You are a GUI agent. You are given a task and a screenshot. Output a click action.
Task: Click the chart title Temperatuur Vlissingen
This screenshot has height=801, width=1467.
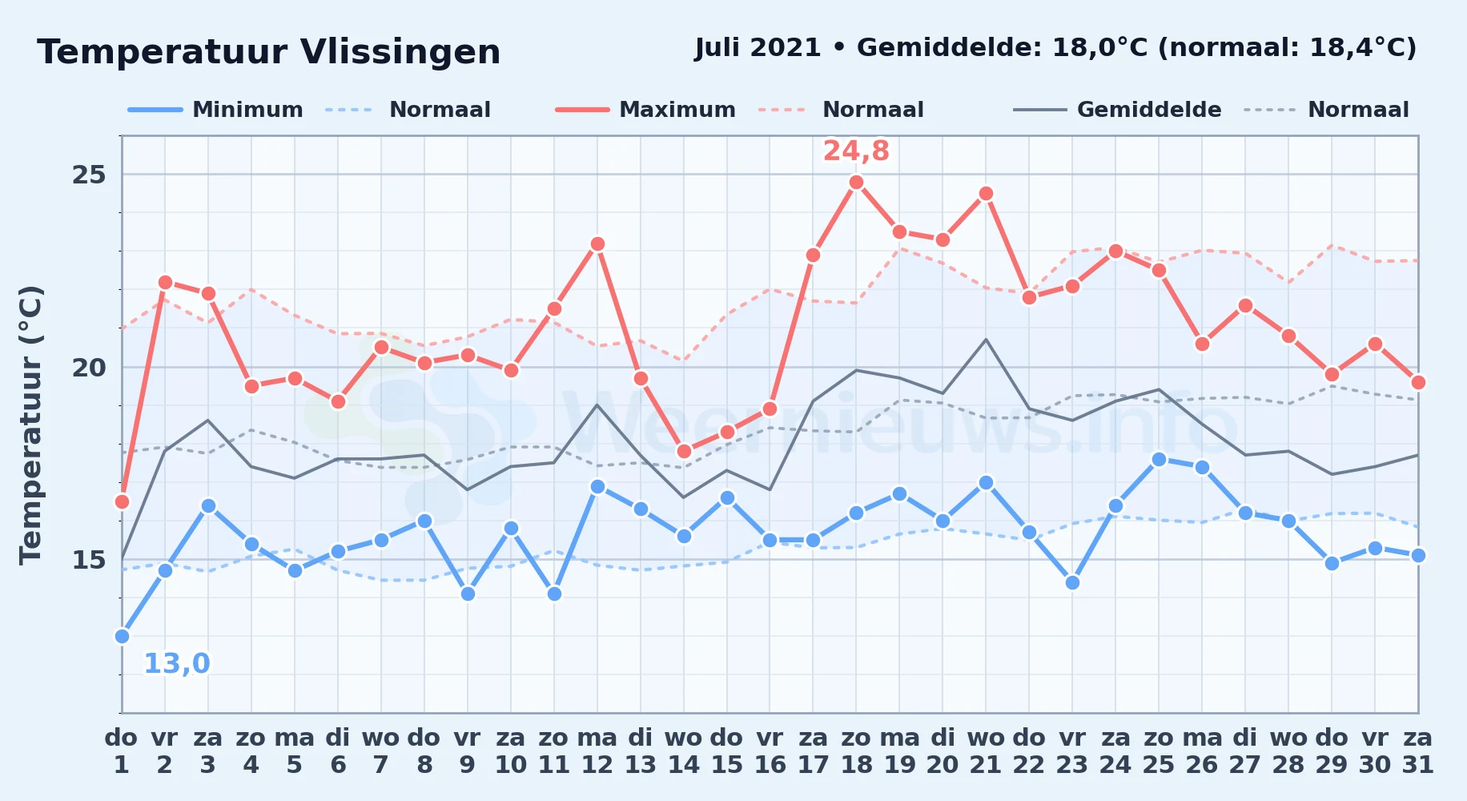point(269,52)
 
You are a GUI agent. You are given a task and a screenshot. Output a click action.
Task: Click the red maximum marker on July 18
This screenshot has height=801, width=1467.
point(856,182)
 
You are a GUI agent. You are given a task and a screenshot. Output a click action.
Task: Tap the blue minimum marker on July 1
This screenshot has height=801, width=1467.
point(122,636)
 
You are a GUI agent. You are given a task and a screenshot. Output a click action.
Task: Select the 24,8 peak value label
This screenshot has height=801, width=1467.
point(856,151)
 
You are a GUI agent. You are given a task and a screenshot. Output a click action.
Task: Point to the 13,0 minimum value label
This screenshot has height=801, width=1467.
point(176,663)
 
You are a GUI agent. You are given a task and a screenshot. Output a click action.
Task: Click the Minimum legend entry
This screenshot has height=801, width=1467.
point(215,110)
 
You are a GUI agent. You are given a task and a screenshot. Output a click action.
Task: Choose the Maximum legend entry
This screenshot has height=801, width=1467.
point(645,110)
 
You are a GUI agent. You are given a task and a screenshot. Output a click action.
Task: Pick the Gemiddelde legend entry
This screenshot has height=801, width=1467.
point(1118,110)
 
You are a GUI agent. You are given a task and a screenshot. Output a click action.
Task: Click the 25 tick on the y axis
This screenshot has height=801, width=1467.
point(89,175)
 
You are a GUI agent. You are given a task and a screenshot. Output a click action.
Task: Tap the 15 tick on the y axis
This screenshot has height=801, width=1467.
point(89,559)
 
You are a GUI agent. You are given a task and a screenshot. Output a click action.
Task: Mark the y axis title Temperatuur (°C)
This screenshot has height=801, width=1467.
point(30,425)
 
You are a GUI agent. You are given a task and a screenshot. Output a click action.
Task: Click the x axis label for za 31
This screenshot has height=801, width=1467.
point(1417,751)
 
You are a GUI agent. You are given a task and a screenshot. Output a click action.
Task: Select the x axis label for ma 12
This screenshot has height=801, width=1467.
point(597,751)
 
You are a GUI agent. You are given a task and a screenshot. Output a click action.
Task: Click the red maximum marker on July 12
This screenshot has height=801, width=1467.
point(597,244)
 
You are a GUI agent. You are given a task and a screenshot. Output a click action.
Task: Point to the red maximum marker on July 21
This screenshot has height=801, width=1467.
point(986,193)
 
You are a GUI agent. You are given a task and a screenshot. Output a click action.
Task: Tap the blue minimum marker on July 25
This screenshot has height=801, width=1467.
point(1159,459)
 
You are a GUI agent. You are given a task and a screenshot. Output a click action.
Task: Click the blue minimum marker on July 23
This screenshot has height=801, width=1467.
point(1072,582)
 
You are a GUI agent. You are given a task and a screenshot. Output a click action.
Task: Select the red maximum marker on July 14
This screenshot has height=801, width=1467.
point(684,451)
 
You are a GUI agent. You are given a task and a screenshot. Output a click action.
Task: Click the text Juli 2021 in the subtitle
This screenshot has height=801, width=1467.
point(758,48)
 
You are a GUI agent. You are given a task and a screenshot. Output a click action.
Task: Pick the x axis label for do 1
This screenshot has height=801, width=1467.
point(122,751)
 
